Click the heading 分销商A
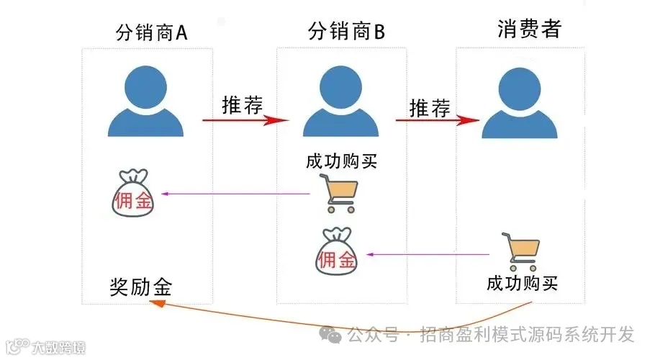tap(152, 32)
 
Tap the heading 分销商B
tap(347, 32)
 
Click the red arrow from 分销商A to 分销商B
tap(245, 120)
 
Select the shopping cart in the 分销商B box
tap(340, 194)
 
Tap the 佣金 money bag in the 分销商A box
tap(133, 194)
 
